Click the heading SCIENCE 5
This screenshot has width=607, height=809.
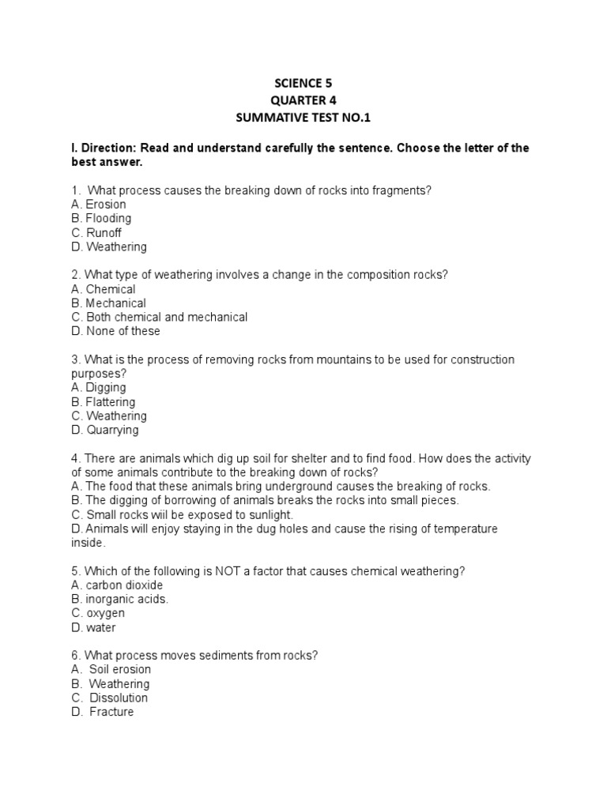[x=303, y=83]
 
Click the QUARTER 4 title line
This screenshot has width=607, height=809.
[x=303, y=100]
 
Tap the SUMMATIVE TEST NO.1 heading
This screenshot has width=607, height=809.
[x=303, y=118]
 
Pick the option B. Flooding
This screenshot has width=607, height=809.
[x=101, y=218]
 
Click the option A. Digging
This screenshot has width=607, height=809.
[x=98, y=388]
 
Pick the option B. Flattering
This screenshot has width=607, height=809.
[x=104, y=402]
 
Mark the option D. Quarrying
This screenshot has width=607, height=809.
[x=104, y=430]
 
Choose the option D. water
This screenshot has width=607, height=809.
[x=93, y=627]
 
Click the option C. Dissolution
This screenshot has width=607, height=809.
[x=109, y=698]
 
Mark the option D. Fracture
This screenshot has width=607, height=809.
[x=103, y=712]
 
